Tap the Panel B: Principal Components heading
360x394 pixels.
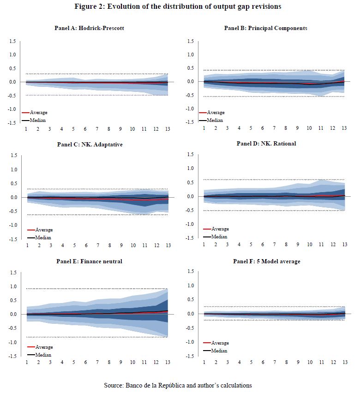coord(265,28)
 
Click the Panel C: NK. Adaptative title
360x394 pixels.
coord(90,144)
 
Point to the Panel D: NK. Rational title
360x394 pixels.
coord(266,143)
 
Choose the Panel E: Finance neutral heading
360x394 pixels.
coord(90,261)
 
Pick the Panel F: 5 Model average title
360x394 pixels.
coord(267,261)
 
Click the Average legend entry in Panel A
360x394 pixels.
coord(38,112)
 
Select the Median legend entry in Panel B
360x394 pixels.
coord(215,120)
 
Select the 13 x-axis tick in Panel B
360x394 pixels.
coord(344,128)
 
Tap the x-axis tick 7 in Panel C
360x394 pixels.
coord(97,245)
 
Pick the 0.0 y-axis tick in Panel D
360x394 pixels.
coord(190,196)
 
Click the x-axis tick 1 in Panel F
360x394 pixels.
coord(204,362)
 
